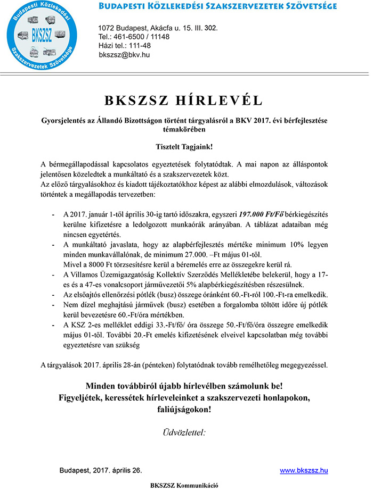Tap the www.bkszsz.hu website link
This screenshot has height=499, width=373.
coord(304,471)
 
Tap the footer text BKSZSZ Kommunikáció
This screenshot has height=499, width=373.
coord(184,486)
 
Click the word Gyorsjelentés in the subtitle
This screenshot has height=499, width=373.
coord(60,121)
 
